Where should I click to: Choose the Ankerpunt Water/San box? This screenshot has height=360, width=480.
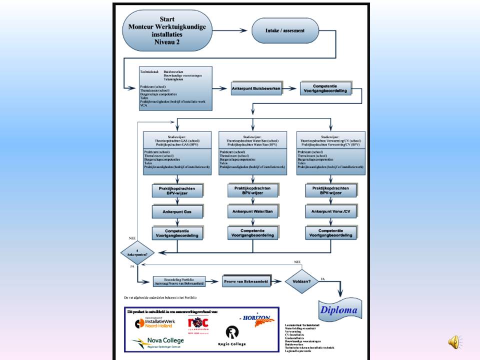coord(253,211)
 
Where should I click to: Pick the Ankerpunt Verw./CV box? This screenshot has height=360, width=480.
coord(331,211)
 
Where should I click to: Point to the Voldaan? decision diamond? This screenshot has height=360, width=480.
coord(301,281)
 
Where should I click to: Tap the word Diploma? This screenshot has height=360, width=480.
coord(339,310)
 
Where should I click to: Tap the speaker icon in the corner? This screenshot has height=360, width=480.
coord(454,341)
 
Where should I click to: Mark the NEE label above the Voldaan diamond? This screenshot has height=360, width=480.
coord(297,261)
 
